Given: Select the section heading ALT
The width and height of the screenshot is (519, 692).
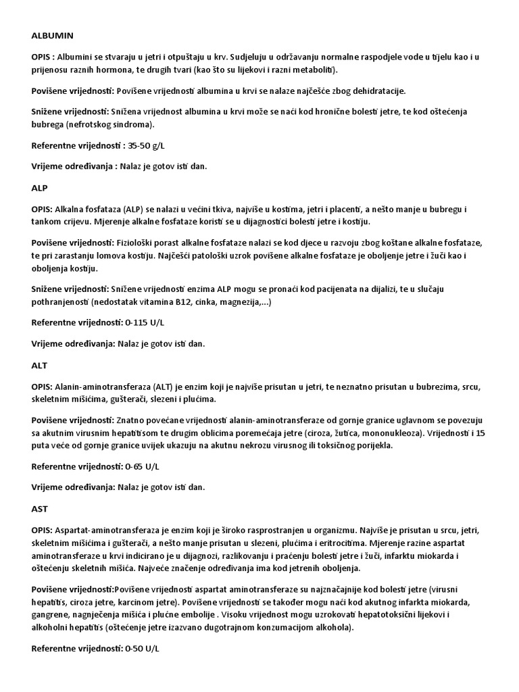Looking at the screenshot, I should click(x=39, y=364).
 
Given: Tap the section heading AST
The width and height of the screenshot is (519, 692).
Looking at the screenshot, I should click(x=39, y=508).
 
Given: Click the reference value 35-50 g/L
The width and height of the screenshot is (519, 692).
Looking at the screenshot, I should click(x=147, y=145).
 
